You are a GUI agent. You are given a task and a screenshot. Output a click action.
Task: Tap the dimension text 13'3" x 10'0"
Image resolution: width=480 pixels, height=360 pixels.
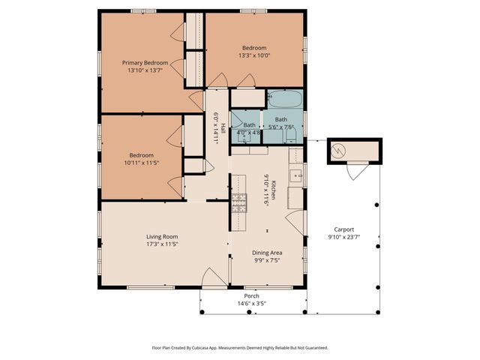point(253,55)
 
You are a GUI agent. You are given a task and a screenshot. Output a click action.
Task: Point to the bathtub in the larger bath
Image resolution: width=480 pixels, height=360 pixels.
point(284,99)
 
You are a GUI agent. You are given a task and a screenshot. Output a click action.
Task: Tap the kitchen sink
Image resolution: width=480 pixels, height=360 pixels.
point(295,178)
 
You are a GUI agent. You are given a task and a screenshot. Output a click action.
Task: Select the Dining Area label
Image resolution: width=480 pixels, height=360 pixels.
point(266,253)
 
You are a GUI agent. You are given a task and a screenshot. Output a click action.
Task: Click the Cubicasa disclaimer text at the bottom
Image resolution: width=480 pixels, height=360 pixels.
point(240,348)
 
